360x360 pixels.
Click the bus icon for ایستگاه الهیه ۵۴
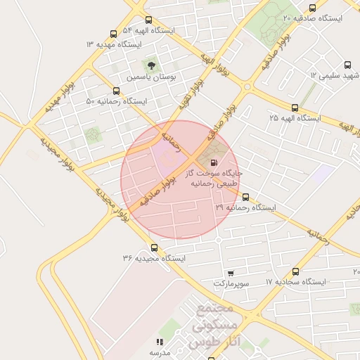(148, 20)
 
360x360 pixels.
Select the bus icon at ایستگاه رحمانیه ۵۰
(116, 91)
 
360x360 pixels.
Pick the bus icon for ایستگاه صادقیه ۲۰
(312, 8)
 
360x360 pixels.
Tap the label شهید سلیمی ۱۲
(335, 75)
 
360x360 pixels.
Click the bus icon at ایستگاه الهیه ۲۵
(295, 108)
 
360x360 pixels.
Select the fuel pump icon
(214, 162)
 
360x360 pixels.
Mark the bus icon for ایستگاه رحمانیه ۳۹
(245, 198)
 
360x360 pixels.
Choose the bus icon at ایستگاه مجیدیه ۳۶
(155, 247)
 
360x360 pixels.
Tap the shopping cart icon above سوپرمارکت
(231, 272)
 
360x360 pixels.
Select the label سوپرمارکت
(231, 283)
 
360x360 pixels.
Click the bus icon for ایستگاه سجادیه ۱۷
(295, 271)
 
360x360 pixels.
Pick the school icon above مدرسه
(160, 342)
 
